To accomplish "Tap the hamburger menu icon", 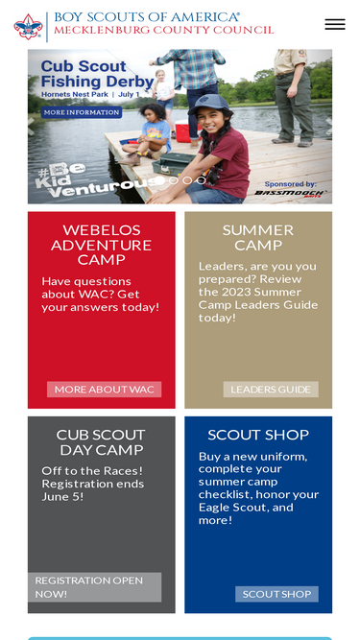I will pyautogui.click(x=334, y=25).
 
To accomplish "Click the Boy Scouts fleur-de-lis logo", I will pyautogui.click(x=28, y=26).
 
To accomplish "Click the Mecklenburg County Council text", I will pyautogui.click(x=163, y=31).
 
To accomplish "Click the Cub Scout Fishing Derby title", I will pyautogui.click(x=97, y=74).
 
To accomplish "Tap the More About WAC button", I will pyautogui.click(x=104, y=390).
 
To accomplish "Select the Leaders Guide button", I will pyautogui.click(x=271, y=390).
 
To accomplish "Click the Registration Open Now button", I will pyautogui.click(x=94, y=587).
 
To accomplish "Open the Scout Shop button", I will pyautogui.click(x=276, y=594).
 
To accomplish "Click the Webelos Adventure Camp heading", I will pyautogui.click(x=101, y=245).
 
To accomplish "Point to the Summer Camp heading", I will pyautogui.click(x=258, y=237).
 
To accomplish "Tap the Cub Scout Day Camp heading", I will pyautogui.click(x=101, y=442).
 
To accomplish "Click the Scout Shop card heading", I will pyautogui.click(x=258, y=435).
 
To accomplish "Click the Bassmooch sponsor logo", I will pyautogui.click(x=290, y=193).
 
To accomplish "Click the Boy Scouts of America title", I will pyautogui.click(x=146, y=17).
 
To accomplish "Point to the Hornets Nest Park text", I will pyautogui.click(x=74, y=95).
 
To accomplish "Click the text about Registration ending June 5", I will pyautogui.click(x=92, y=484).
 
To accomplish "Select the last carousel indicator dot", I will pyautogui.click(x=202, y=179).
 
